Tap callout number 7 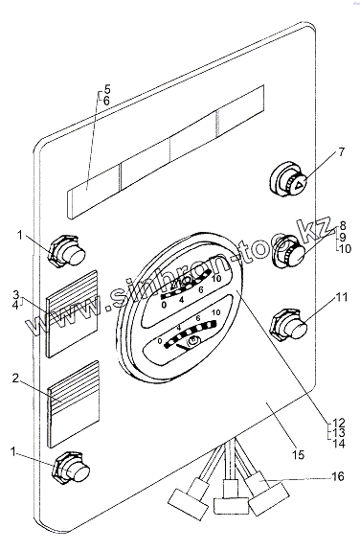pyautogui.click(x=342, y=152)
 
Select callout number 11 pyautogui.click(x=342, y=297)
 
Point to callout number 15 pyautogui.click(x=298, y=455)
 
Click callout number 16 pyautogui.click(x=338, y=476)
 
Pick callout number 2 pyautogui.click(x=15, y=379)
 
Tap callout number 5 pyautogui.click(x=107, y=89)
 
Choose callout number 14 pyautogui.click(x=339, y=444)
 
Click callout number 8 pyautogui.click(x=343, y=226)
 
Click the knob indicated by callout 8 pyautogui.click(x=289, y=251)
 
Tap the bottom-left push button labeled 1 pyautogui.click(x=72, y=469)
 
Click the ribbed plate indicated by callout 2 pyautogui.click(x=74, y=404)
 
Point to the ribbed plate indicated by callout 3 pyautogui.click(x=72, y=313)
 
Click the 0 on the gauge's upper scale pyautogui.click(x=164, y=305)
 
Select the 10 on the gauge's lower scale pyautogui.click(x=216, y=312)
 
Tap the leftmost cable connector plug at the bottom pyautogui.click(x=190, y=499)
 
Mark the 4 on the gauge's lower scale pyautogui.click(x=179, y=328)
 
